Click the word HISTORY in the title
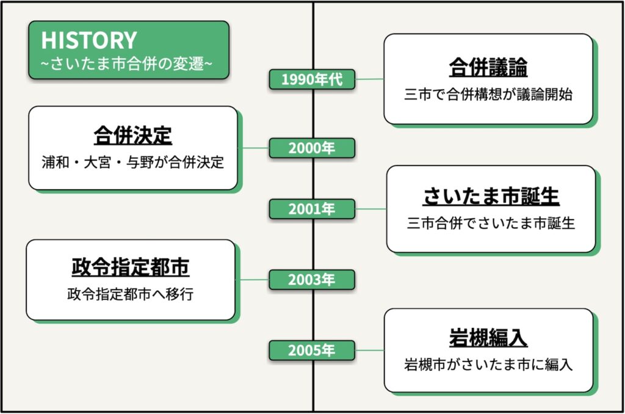(89, 40)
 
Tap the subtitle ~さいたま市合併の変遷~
(127, 63)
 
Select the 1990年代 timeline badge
(312, 79)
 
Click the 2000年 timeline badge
(312, 148)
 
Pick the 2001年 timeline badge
(312, 209)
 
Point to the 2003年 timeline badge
(312, 280)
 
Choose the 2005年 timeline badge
(312, 350)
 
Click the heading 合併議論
(488, 68)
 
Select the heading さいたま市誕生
(491, 197)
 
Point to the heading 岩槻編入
(488, 339)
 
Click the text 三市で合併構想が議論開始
(488, 95)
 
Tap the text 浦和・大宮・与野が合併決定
(132, 163)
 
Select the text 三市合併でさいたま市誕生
(491, 223)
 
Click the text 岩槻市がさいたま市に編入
(488, 366)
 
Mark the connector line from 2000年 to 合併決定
(253, 148)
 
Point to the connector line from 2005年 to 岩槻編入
(369, 350)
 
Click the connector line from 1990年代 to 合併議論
(369, 79)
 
